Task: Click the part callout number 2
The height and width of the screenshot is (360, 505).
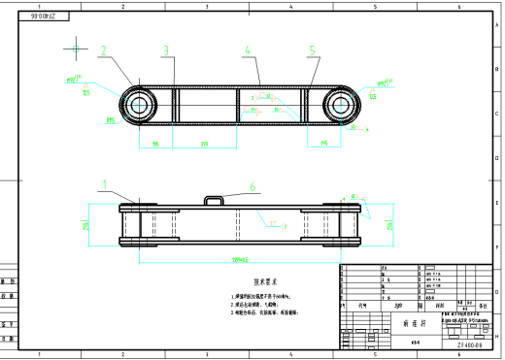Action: coord(104,49)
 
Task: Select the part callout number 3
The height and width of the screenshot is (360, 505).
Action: coord(166,50)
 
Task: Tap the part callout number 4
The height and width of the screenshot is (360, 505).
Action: coord(247,50)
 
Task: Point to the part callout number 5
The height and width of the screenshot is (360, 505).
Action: coord(312,50)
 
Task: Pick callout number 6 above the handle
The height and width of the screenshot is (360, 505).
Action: coord(252,186)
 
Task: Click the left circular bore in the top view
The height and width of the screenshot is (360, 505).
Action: coord(137,104)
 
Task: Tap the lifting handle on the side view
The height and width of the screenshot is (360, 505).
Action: coord(216,199)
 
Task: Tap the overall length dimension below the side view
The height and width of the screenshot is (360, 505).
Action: coord(240,260)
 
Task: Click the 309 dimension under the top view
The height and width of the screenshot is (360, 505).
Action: coord(205,145)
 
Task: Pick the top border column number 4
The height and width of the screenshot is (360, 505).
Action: coord(291,6)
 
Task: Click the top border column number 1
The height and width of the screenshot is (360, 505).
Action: coord(39,6)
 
